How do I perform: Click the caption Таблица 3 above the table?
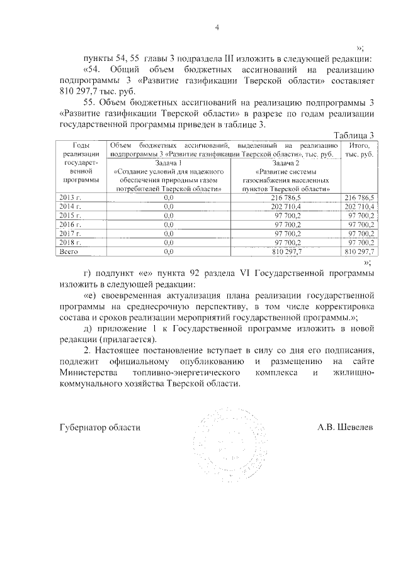click(x=354, y=135)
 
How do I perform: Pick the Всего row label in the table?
click(x=67, y=251)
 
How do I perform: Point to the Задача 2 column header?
click(x=285, y=162)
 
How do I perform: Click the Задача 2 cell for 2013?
click(x=285, y=197)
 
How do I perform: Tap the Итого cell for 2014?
click(x=360, y=206)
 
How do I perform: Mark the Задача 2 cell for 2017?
click(x=285, y=233)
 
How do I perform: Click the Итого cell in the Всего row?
click(x=360, y=251)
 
